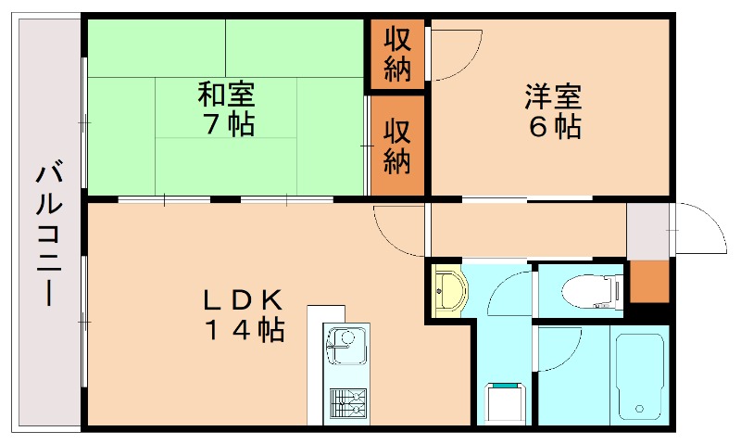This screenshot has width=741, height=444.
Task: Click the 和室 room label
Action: point(226,95)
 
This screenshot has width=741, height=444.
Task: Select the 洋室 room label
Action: point(553,96)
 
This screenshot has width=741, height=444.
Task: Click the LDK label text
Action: point(243,299)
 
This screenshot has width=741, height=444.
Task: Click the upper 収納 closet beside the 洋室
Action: point(397,54)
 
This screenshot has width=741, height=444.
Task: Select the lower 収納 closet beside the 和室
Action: point(397,146)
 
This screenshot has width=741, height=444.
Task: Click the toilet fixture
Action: point(592,292)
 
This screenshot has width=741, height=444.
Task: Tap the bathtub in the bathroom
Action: point(640,376)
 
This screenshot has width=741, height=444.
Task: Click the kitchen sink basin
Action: point(346,346)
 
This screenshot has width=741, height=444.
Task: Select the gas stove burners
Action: point(348,404)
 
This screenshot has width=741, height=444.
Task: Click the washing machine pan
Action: point(506,404)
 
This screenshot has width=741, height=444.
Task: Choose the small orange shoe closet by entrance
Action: point(649,282)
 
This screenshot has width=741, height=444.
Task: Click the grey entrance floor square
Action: point(647,231)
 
